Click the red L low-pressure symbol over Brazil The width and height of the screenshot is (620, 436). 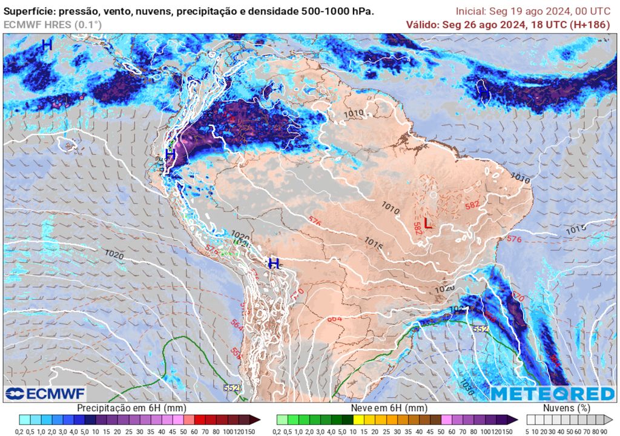click(x=427, y=223)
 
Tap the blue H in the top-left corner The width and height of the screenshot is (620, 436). click(x=47, y=45)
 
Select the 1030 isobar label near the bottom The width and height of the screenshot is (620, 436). click(x=467, y=385)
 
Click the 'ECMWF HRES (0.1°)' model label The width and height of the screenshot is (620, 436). click(x=53, y=25)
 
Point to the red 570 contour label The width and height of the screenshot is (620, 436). click(x=517, y=297)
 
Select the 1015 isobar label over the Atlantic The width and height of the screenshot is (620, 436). click(x=576, y=230)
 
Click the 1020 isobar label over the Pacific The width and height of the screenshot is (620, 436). click(x=114, y=254)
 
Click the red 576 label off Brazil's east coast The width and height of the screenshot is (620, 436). click(x=513, y=239)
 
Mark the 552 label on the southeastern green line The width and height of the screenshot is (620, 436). click(x=480, y=329)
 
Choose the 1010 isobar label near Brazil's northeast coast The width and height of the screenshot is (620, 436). click(x=520, y=177)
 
